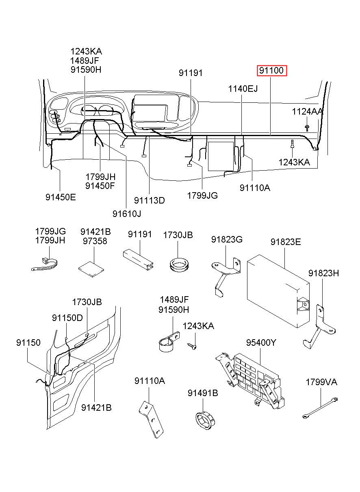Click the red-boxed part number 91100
coord(271,71)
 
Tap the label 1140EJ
coord(243,89)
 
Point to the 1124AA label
coord(307,111)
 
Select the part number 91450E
coord(61,197)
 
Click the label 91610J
coord(127,213)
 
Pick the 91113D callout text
coord(150,200)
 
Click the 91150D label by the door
coord(67,317)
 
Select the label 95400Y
coord(260,342)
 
